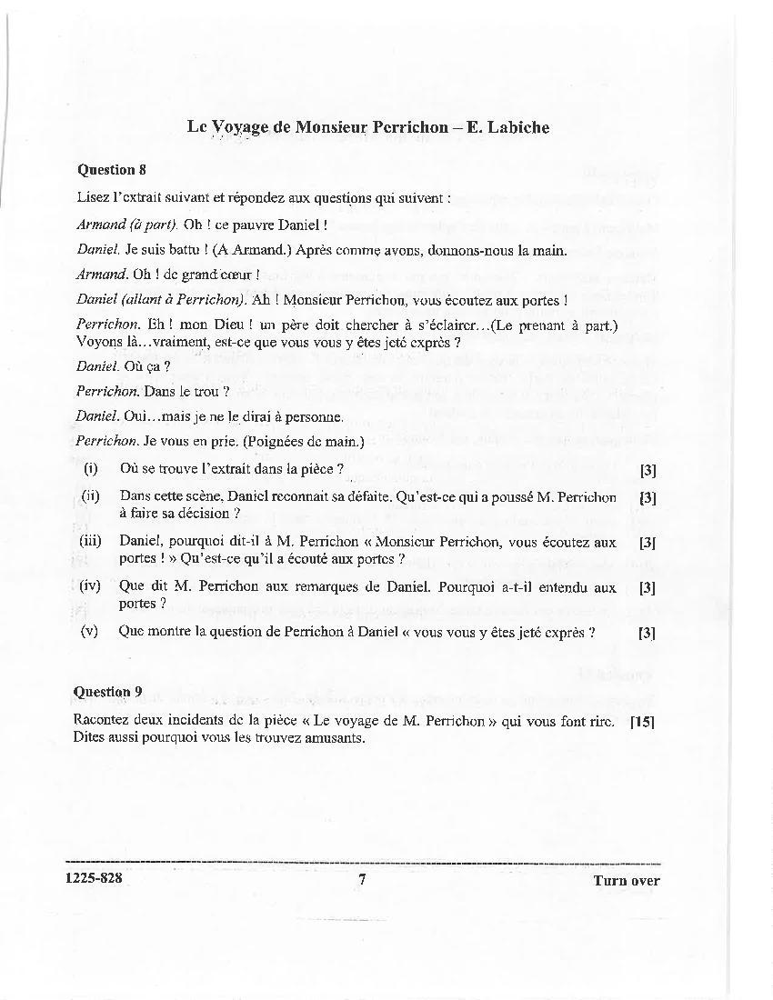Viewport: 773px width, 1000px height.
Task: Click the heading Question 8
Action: (112, 169)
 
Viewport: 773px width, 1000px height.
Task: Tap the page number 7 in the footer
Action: (362, 879)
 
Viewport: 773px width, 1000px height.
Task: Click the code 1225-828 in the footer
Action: (95, 879)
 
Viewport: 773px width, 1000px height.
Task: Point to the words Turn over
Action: (627, 880)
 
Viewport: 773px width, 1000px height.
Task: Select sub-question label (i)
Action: (90, 469)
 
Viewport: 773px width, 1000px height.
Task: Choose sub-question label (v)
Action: (90, 632)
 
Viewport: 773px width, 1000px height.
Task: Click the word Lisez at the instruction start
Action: (94, 196)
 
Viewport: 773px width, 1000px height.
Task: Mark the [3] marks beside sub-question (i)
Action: (648, 470)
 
